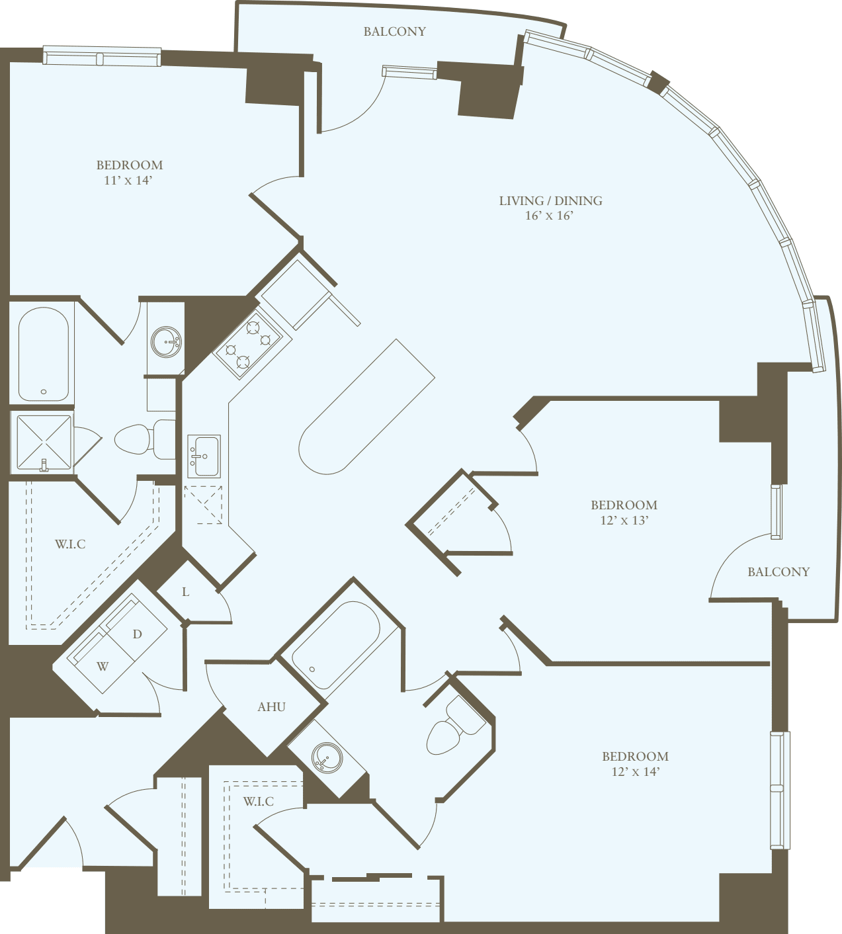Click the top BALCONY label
click(394, 31)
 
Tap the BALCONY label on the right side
click(778, 572)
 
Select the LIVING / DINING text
click(550, 200)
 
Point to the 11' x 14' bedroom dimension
click(128, 180)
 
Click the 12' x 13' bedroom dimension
click(624, 520)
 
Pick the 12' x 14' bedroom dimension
click(635, 771)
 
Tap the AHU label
click(271, 707)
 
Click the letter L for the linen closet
click(186, 592)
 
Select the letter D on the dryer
click(137, 634)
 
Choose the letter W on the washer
click(103, 666)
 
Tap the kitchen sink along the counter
click(204, 456)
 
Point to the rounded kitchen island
click(366, 407)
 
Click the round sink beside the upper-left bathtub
click(166, 342)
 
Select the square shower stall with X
click(44, 443)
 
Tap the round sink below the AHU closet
click(327, 757)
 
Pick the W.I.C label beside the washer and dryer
click(70, 544)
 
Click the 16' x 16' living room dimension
click(548, 216)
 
